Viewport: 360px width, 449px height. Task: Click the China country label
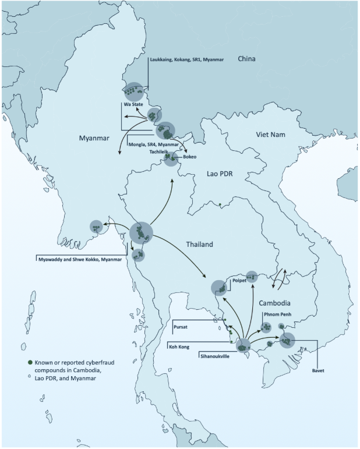[248, 59]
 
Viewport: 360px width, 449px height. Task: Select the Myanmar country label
[95, 138]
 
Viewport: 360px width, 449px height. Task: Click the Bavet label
[317, 370]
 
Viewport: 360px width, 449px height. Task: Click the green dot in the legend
[30, 362]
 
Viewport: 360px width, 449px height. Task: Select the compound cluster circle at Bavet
[288, 340]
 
